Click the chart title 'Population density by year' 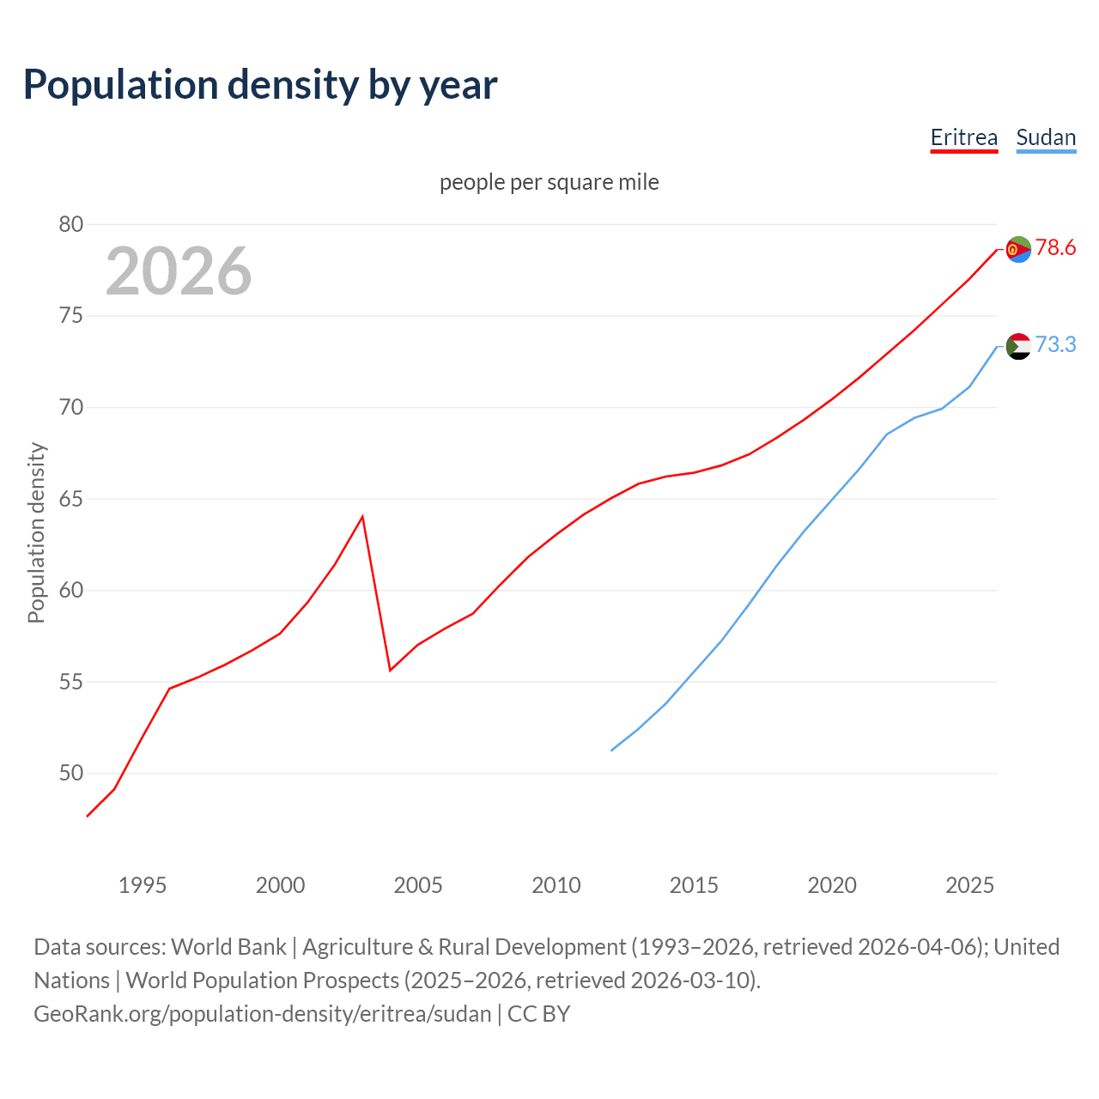point(260,84)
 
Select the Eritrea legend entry point(963,137)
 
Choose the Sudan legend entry point(1045,137)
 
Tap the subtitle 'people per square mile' point(549,182)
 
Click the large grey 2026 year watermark point(179,271)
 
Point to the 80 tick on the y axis point(71,225)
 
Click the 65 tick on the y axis point(71,499)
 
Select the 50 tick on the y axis point(71,774)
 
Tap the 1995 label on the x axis point(143,885)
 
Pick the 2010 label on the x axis point(556,885)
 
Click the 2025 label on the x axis point(969,885)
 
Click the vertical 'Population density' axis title point(36,532)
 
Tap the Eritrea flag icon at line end point(1018,249)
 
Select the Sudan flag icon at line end point(1018,346)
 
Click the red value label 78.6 point(1055,248)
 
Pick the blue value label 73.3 point(1055,345)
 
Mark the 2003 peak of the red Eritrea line point(363,517)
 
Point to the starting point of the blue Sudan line point(611,750)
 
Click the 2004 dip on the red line point(391,670)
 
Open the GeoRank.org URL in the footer point(263,1014)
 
